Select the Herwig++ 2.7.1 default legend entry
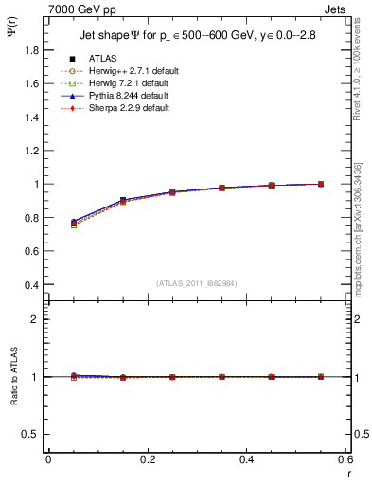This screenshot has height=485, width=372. coord(128,71)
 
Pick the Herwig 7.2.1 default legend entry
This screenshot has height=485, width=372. coord(126,83)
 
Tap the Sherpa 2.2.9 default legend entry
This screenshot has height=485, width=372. coord(125,108)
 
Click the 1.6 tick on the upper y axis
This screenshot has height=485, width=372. coord(32,83)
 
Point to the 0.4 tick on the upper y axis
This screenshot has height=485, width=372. coord(32,285)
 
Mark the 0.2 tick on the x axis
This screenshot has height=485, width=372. coord(147,460)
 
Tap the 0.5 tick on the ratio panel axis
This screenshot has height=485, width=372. coord(32,434)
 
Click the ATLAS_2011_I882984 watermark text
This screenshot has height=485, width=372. coord(196,283)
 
